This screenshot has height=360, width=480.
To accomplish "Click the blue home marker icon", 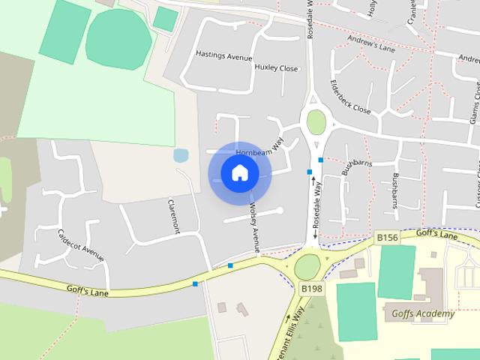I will coord(239,173).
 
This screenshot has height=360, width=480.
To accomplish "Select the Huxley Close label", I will coord(276,67).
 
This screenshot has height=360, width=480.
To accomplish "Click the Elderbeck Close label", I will coord(350,97).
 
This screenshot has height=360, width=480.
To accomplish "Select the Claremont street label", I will coord(173,216).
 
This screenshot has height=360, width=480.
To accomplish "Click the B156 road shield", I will coord(387,238).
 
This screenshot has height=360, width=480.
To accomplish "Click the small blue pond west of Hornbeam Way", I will coord(181,155).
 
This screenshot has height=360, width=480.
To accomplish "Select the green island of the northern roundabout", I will coord(316,122).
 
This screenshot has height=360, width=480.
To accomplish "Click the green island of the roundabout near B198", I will coord(307,266).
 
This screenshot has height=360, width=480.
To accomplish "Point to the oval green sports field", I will coord(118,39).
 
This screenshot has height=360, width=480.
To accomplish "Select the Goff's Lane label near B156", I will coord(436,235).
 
